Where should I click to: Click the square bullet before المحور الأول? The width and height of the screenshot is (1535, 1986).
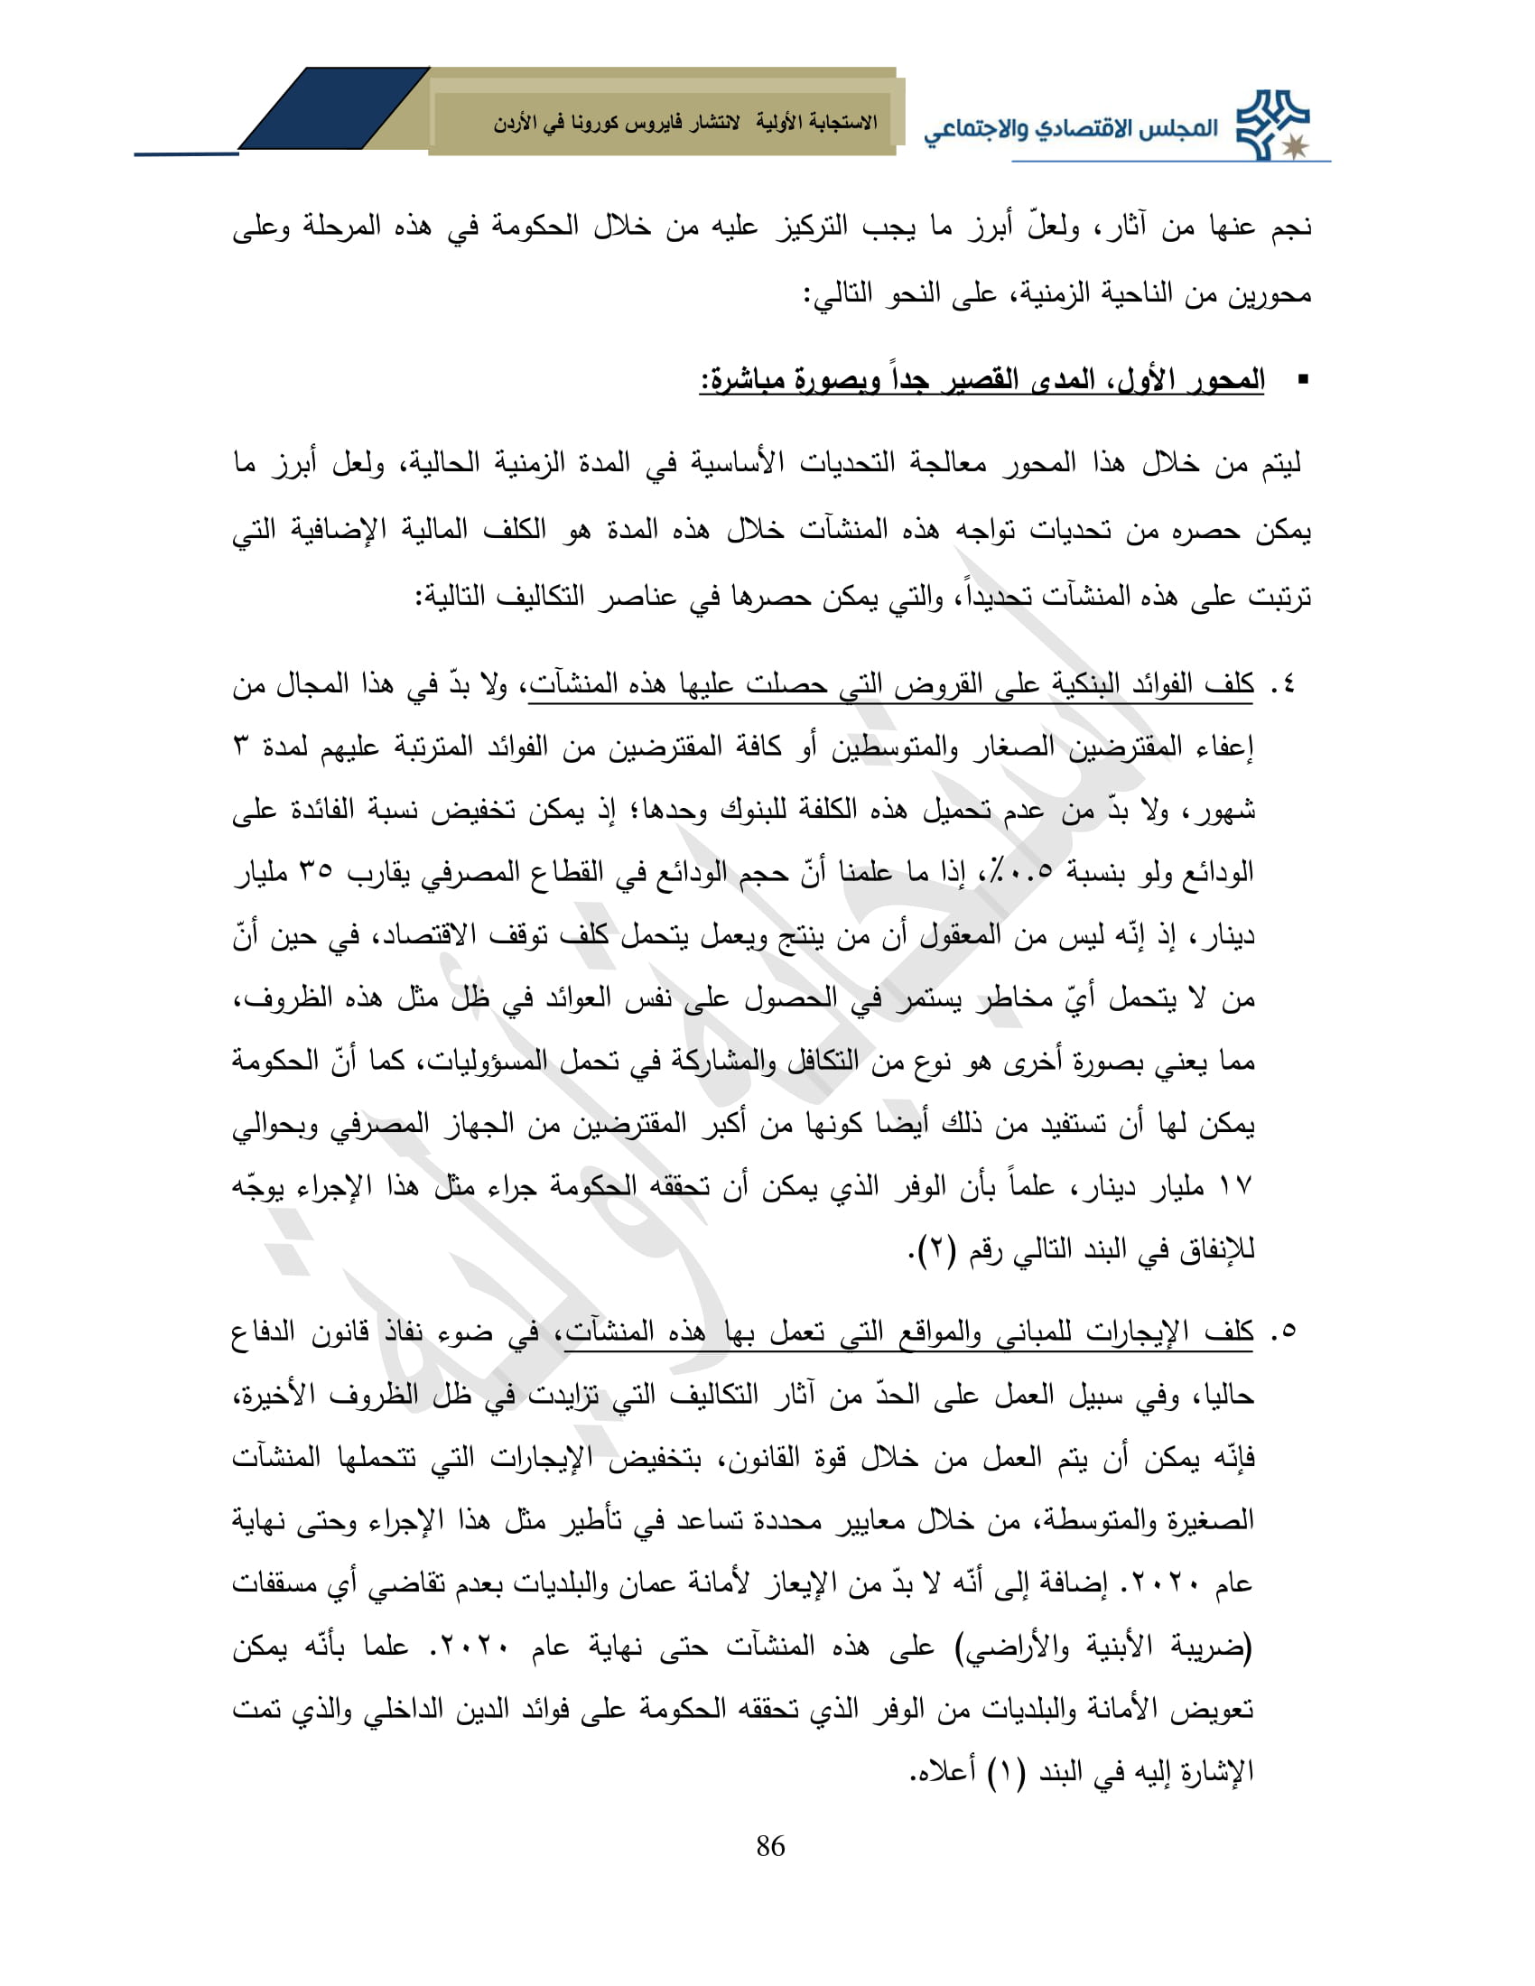[1303, 379]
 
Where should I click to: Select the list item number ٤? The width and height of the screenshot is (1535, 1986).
[1285, 685]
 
